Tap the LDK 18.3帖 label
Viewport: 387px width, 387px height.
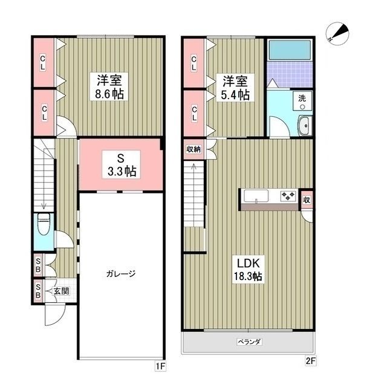click(x=249, y=270)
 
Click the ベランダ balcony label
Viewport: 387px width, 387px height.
click(x=249, y=342)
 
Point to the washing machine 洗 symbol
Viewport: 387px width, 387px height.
click(x=302, y=102)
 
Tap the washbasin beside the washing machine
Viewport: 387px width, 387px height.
click(x=304, y=126)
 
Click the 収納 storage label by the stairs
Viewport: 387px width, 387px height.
click(x=193, y=149)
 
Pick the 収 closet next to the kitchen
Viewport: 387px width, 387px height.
click(x=307, y=200)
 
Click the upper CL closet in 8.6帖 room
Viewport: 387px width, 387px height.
click(x=44, y=62)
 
